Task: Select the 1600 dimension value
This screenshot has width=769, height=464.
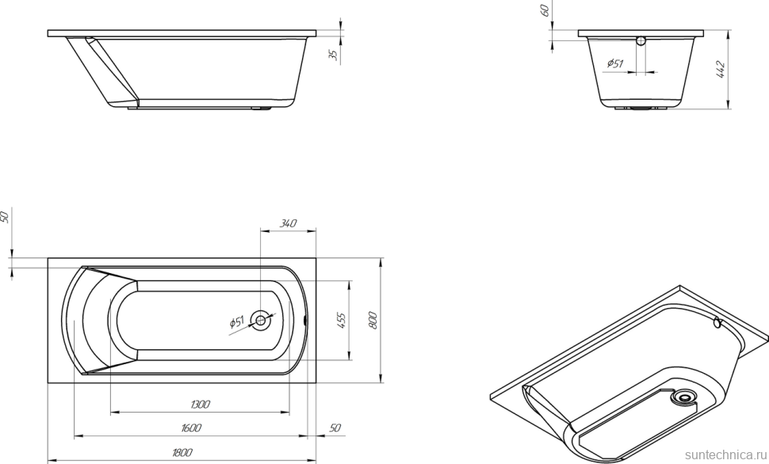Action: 190,428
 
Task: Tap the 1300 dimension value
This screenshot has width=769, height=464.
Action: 200,405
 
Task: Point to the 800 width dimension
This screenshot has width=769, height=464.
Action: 373,320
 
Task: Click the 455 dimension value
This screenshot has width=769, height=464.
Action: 342,320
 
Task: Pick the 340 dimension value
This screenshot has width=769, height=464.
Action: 288,224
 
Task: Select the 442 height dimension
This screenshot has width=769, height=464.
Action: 721,70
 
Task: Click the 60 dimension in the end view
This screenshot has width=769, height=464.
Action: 545,10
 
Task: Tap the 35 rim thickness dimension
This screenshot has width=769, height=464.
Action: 333,55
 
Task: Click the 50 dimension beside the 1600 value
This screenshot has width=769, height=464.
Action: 335,428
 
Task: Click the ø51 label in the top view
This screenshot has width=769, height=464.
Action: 237,322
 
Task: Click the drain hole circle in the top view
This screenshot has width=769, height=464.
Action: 260,320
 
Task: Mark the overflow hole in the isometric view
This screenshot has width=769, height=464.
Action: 717,322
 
